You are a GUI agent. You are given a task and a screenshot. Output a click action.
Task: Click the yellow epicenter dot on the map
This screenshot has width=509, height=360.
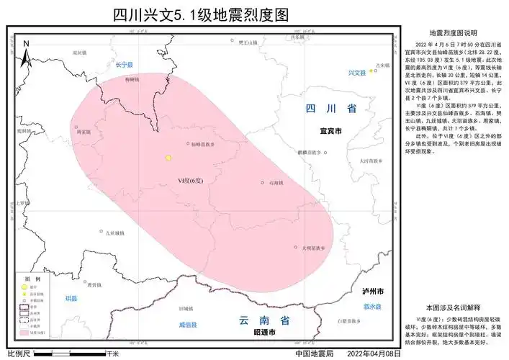(168, 158)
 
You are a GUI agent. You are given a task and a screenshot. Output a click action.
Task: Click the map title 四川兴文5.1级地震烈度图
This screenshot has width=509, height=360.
(201, 15)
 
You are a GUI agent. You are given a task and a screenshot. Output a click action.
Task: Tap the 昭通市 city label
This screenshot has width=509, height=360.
(264, 333)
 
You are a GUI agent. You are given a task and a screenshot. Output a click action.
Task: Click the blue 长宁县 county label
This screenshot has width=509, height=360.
(125, 65)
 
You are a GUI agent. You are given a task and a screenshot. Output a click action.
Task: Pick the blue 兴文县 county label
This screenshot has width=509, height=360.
(357, 73)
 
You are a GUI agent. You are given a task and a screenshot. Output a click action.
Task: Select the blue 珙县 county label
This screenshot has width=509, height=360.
(71, 297)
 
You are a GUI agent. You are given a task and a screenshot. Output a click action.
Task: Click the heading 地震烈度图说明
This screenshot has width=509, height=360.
(453, 32)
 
